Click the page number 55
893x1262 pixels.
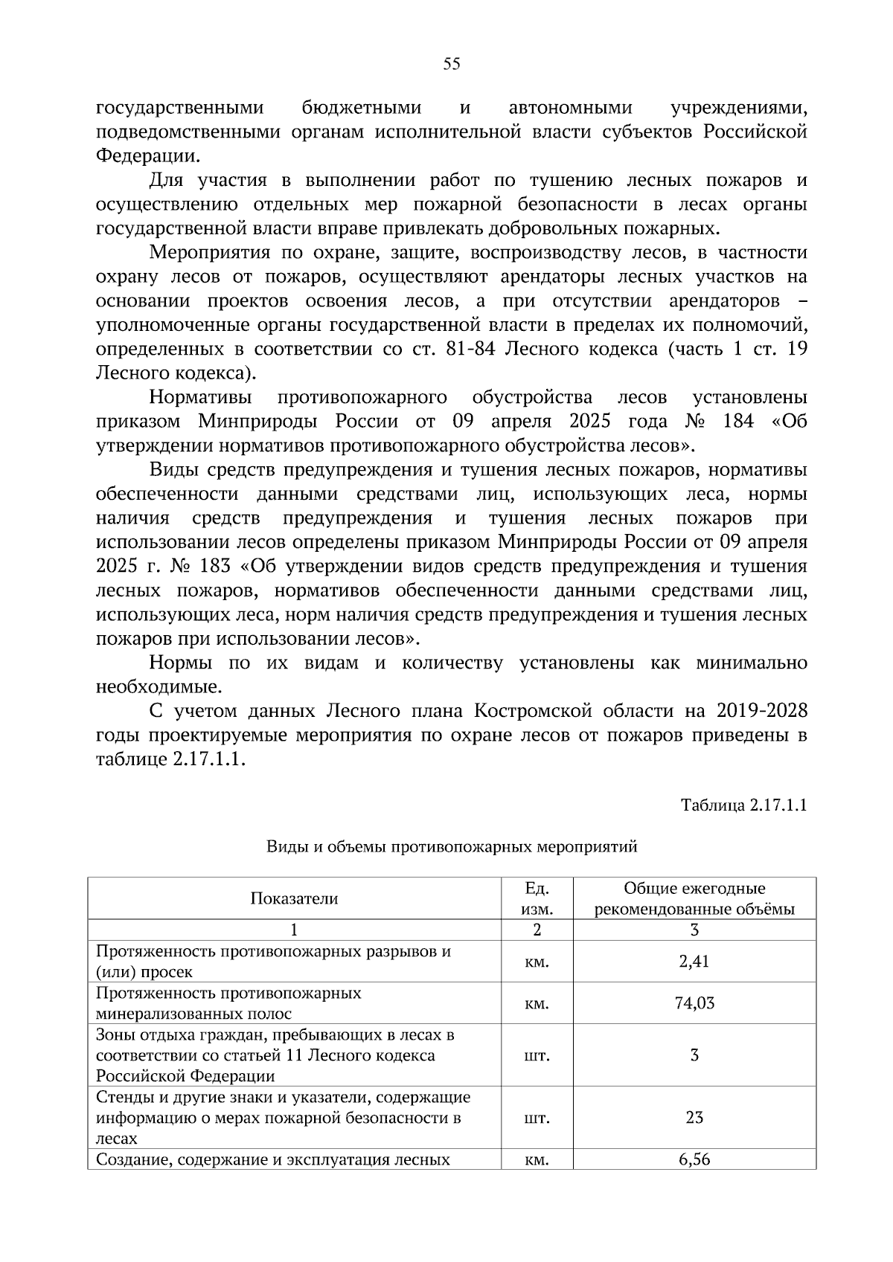[452, 64]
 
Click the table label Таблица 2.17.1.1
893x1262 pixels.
[744, 805]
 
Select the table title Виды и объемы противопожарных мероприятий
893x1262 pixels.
[452, 846]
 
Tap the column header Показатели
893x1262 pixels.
[294, 898]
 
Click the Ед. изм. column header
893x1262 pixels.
[537, 898]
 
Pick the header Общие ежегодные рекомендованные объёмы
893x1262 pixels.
[694, 898]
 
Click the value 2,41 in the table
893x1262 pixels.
[694, 961]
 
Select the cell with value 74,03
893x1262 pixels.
[694, 1002]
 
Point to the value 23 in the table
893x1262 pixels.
[694, 1117]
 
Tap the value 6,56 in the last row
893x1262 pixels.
[694, 1159]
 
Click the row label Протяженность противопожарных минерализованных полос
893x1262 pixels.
[228, 1003]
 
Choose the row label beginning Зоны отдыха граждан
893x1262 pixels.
[275, 1055]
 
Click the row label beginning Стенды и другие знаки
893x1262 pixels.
[283, 1117]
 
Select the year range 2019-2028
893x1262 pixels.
[762, 712]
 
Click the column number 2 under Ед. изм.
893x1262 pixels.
[537, 930]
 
